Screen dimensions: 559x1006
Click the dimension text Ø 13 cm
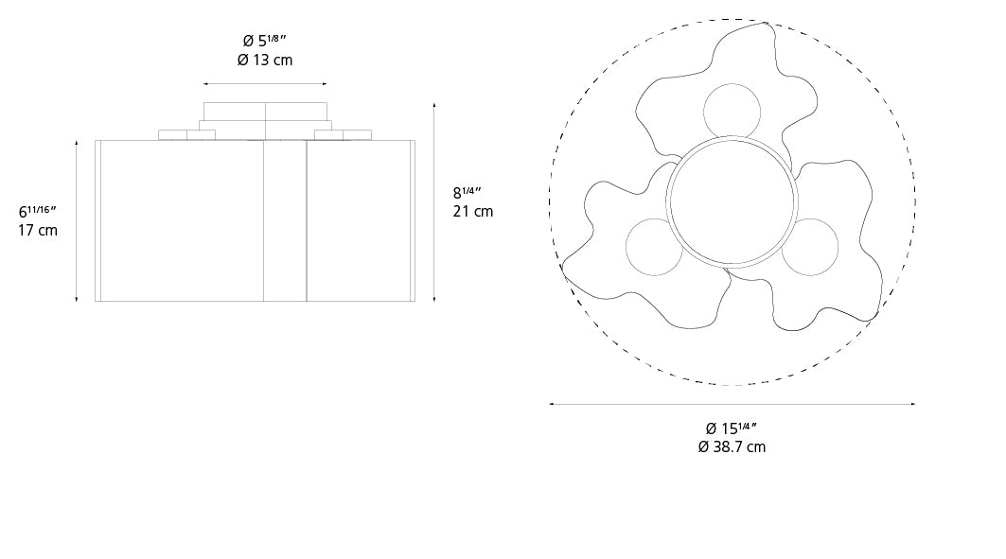point(265,61)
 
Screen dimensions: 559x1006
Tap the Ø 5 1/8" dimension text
point(265,41)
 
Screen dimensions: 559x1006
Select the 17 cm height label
point(38,230)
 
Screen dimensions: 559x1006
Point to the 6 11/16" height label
point(38,210)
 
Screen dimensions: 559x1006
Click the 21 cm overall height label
point(472,211)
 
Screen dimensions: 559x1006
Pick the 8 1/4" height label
point(468,192)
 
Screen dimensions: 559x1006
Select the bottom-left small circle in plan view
point(655,248)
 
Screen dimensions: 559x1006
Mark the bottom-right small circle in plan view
point(810,247)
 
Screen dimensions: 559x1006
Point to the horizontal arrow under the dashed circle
point(732,404)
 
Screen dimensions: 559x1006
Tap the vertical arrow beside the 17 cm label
point(77,219)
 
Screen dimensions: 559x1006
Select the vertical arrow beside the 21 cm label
point(433,202)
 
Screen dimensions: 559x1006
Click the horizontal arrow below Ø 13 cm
point(265,83)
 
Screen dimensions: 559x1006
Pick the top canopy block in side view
point(265,111)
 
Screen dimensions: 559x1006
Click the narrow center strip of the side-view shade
point(284,221)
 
